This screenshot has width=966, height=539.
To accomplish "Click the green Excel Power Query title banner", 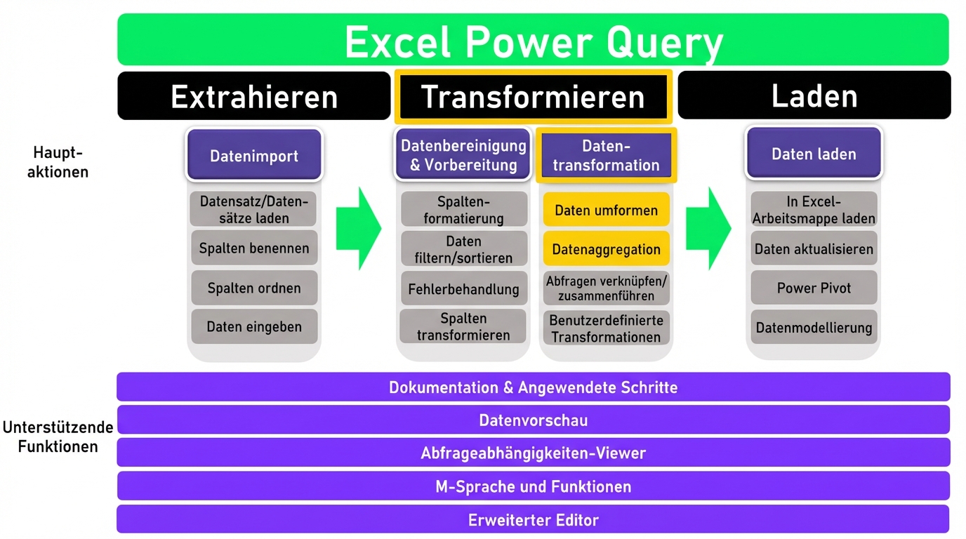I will pos(533,40).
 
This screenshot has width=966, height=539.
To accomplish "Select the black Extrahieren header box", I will pos(253,96).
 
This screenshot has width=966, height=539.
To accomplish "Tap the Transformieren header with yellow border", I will pos(533,96).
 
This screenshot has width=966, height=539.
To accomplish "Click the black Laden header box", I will pos(814,95).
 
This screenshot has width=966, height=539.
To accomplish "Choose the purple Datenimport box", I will pos(253,156).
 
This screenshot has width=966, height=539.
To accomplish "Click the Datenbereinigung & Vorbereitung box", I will pos(463,155).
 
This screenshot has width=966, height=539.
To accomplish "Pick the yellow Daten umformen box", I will pos(606,210).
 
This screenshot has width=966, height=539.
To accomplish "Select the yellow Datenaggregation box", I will pos(606,248).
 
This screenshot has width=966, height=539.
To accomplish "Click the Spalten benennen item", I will pos(253,248).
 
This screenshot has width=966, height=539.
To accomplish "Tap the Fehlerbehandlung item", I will pos(463,288).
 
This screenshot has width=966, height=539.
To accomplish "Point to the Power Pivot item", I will pos(814,288).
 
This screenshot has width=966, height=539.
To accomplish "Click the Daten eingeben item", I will pos(253,326).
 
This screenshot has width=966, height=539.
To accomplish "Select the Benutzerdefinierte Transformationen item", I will pos(606,328).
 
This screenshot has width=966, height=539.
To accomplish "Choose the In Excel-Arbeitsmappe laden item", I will pos(814,210).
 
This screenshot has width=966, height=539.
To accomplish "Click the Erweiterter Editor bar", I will pos(533,520).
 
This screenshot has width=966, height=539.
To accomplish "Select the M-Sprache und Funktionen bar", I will pos(533,486).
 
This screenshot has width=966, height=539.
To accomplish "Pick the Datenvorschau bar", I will pos(533,420).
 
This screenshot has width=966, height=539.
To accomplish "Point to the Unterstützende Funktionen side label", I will pos(59,437).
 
